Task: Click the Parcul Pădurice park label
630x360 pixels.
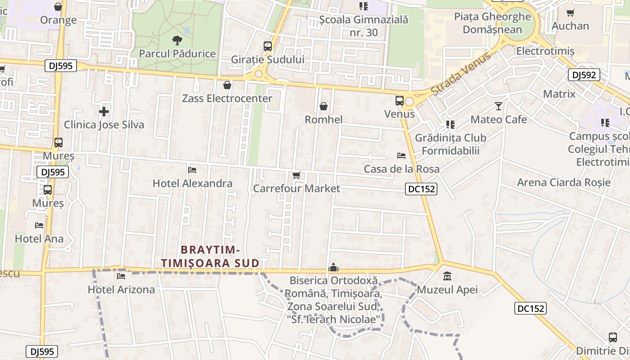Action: click(x=177, y=54)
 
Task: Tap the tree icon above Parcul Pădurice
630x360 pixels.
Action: click(x=177, y=40)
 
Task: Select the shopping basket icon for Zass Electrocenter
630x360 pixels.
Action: click(x=227, y=85)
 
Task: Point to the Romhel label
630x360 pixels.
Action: click(x=324, y=120)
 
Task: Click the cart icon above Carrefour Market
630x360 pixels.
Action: click(x=296, y=175)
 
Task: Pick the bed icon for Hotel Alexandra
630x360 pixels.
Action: click(x=192, y=170)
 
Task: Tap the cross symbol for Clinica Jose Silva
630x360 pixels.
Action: click(x=104, y=111)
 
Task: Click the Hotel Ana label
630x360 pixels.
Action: click(x=39, y=238)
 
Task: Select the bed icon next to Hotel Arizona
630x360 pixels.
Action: click(x=121, y=276)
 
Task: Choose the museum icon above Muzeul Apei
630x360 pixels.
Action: click(x=447, y=276)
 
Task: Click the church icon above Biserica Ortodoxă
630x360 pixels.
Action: click(x=333, y=267)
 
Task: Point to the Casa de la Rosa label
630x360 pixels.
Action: click(x=401, y=169)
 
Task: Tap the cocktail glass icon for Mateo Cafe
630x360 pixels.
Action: click(x=499, y=106)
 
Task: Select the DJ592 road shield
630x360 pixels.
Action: click(x=584, y=75)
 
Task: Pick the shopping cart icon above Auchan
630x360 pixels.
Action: click(x=570, y=13)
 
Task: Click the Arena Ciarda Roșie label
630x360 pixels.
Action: click(x=564, y=182)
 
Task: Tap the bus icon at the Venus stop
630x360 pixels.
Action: click(x=400, y=101)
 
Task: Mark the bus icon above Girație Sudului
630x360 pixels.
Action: click(x=268, y=46)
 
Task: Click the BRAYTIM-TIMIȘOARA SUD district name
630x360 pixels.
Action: click(x=210, y=256)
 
